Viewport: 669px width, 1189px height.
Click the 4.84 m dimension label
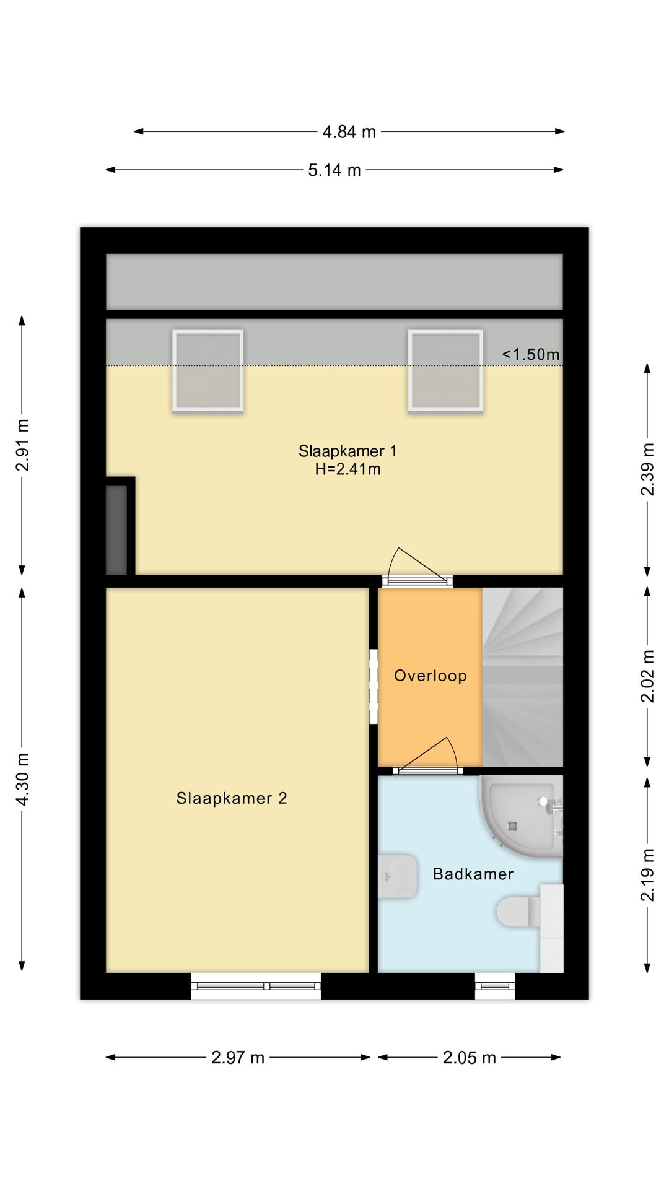tap(349, 132)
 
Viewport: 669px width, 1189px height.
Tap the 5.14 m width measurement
tap(334, 170)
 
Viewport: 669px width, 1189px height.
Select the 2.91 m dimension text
tap(22, 445)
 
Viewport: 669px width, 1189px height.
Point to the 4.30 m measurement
tap(22, 779)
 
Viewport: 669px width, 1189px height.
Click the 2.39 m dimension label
tap(647, 469)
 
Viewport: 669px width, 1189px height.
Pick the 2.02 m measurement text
tap(647, 676)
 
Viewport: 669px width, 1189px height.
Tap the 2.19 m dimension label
tap(647, 875)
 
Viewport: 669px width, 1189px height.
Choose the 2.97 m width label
tap(238, 1057)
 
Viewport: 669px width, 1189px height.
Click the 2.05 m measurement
tap(470, 1057)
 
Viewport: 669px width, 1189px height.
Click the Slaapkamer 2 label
tap(232, 798)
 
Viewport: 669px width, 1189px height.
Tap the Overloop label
tap(431, 676)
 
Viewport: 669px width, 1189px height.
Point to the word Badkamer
tap(473, 874)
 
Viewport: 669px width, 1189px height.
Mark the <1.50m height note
tap(531, 354)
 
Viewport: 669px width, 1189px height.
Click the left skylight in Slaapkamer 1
tap(208, 371)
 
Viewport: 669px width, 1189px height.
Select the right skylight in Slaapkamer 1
tap(445, 371)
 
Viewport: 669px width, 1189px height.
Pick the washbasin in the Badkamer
tap(397, 876)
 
